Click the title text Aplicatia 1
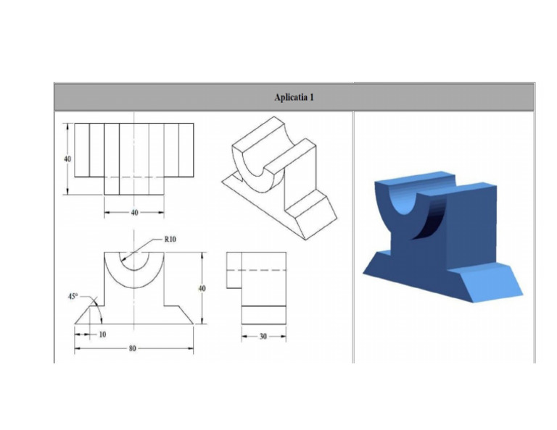point(294,97)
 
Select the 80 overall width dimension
point(132,349)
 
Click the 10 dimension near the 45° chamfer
point(102,334)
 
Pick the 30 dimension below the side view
point(262,337)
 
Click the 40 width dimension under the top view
point(134,213)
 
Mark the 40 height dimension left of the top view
point(67,159)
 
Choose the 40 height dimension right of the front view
point(202,288)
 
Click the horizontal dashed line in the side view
point(255,270)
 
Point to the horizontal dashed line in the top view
point(134,177)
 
